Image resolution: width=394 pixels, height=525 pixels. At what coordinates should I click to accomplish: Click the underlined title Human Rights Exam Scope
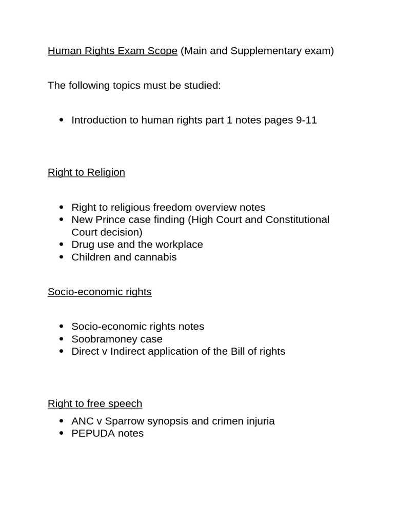click(x=112, y=51)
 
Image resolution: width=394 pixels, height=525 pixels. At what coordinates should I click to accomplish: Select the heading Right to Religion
click(x=86, y=172)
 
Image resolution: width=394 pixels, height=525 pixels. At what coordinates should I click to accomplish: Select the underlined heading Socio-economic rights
click(x=100, y=292)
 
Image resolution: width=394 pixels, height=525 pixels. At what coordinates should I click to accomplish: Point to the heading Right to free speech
click(x=95, y=403)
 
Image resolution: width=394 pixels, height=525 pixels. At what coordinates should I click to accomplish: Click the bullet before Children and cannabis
click(x=62, y=257)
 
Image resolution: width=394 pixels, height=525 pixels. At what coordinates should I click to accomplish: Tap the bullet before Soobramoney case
click(x=62, y=339)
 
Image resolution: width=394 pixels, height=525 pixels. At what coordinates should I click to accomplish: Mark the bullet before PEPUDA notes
click(x=62, y=434)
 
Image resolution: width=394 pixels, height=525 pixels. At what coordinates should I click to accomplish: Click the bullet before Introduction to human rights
click(x=62, y=120)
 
